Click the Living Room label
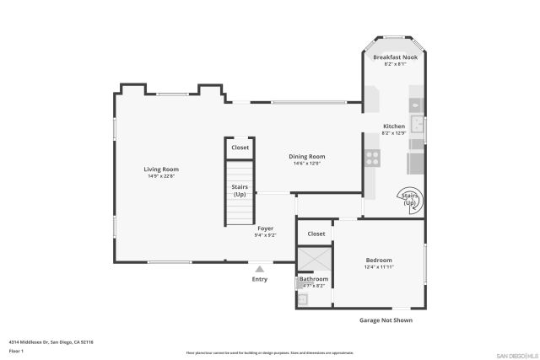click(160, 169)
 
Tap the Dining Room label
click(307, 156)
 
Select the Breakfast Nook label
click(395, 57)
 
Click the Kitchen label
click(394, 126)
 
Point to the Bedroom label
click(379, 260)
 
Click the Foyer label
click(265, 228)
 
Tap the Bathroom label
click(313, 278)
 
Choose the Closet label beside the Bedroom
click(316, 234)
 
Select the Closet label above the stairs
click(240, 148)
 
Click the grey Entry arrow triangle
click(260, 269)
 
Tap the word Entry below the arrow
click(260, 279)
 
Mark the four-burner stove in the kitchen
click(371, 158)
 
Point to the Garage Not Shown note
click(386, 320)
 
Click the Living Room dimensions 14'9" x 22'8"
click(160, 176)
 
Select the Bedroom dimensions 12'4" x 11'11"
click(379, 266)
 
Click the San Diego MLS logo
click(516, 354)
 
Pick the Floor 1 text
click(16, 350)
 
